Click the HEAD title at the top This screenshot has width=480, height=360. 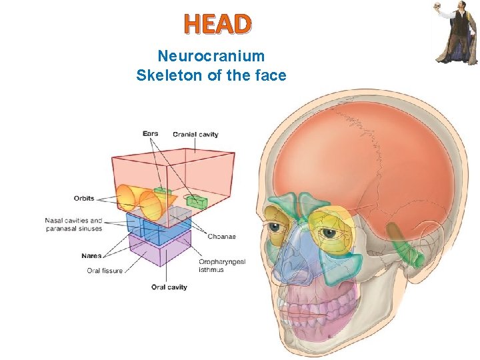pyautogui.click(x=218, y=24)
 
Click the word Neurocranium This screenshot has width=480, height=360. pyautogui.click(x=211, y=56)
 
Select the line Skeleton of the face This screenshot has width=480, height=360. pyautogui.click(x=211, y=75)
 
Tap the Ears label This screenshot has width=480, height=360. pyautogui.click(x=150, y=133)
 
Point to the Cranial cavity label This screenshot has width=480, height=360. pyautogui.click(x=195, y=135)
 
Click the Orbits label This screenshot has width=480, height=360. pyautogui.click(x=84, y=198)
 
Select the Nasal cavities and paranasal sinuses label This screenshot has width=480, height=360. pyautogui.click(x=74, y=225)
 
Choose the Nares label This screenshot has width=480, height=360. pyautogui.click(x=91, y=255)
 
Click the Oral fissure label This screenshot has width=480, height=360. pyautogui.click(x=105, y=271)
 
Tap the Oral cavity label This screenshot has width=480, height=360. pyautogui.click(x=169, y=287)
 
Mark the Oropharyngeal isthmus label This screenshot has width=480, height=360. pyautogui.click(x=222, y=265)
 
